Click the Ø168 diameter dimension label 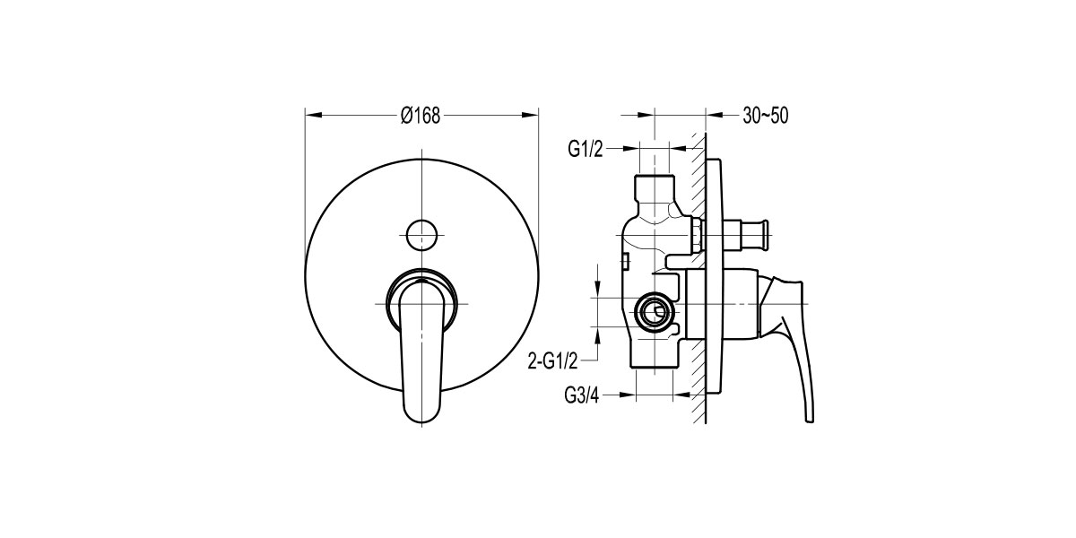tap(421, 116)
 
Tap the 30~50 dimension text tap(766, 116)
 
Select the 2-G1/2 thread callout tap(553, 360)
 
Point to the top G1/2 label tap(585, 150)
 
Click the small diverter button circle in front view tap(421, 234)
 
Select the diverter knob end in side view tap(761, 235)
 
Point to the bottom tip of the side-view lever tap(810, 421)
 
